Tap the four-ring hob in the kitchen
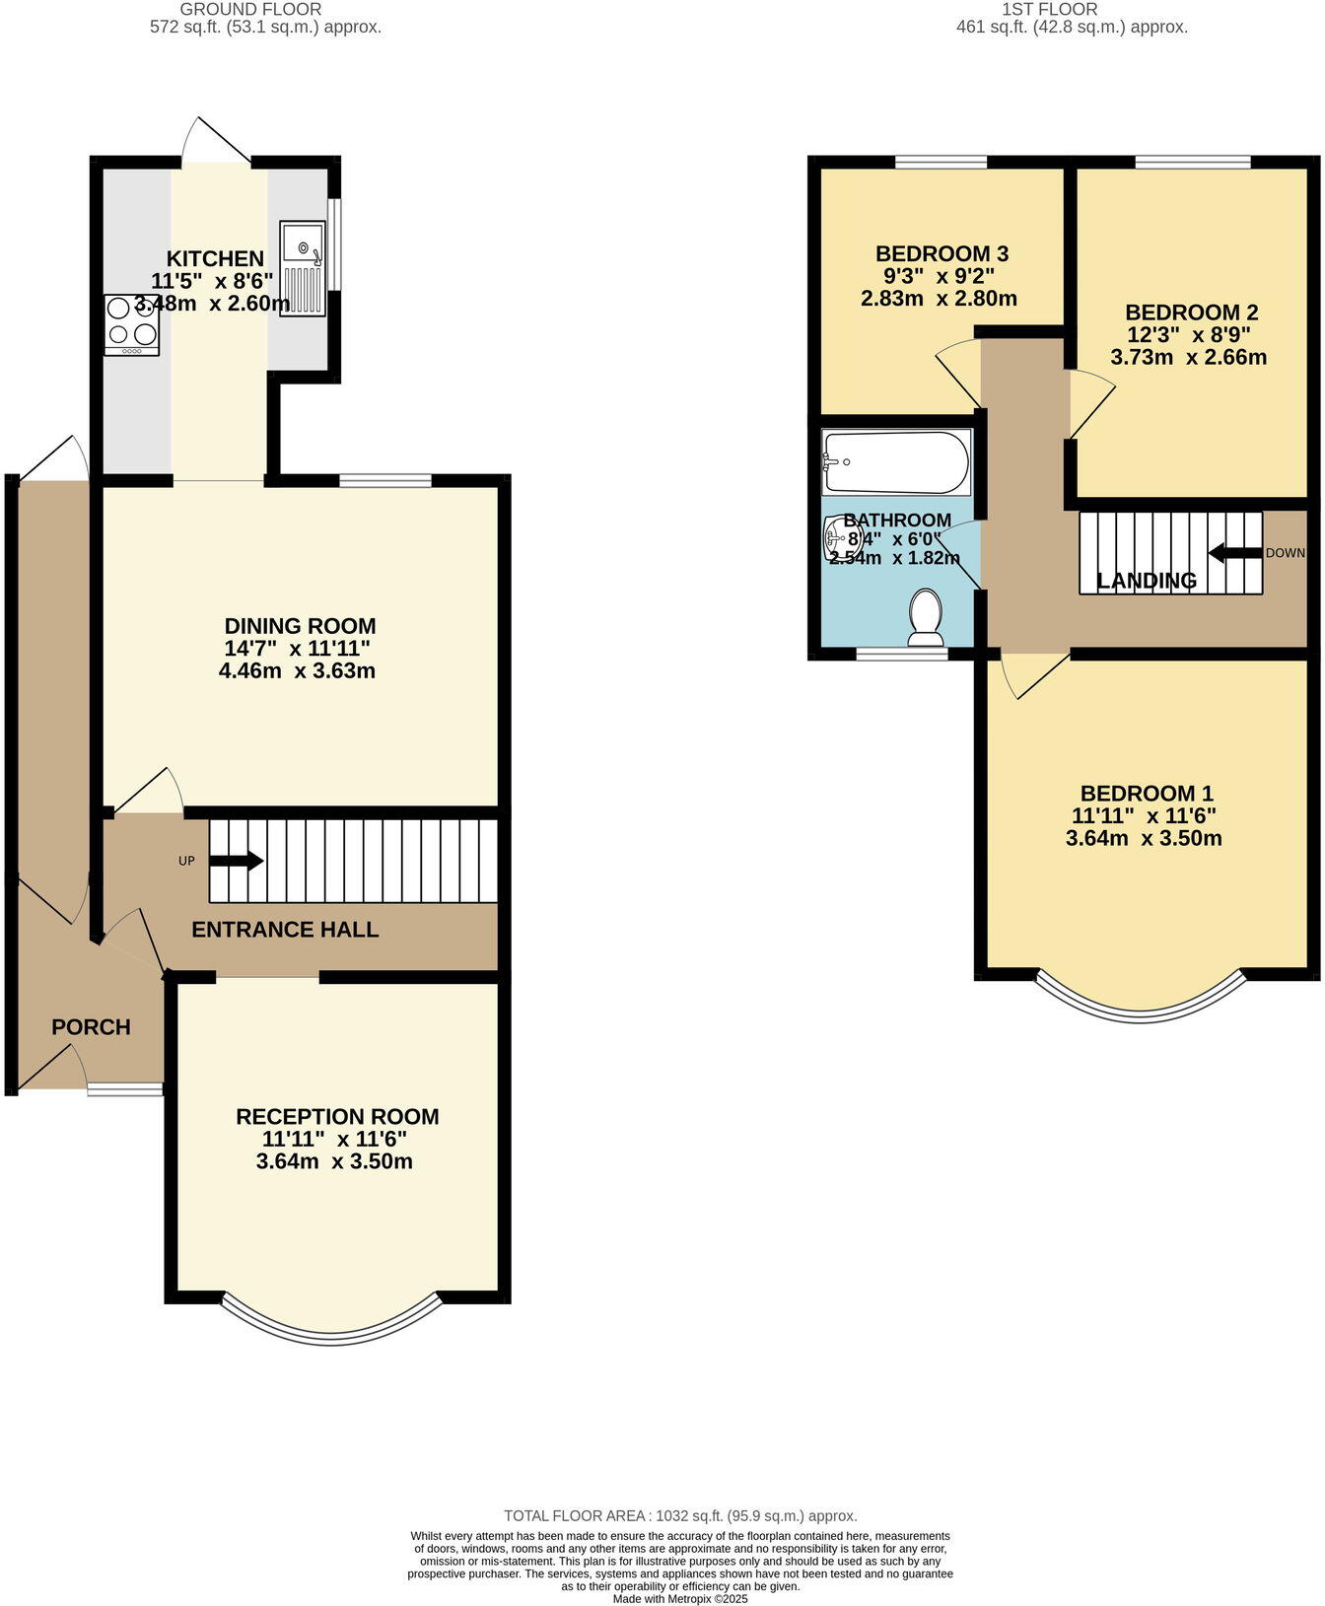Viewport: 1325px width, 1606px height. [x=131, y=324]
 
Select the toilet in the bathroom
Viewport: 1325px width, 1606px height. [x=926, y=617]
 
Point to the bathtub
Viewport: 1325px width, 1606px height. [x=896, y=462]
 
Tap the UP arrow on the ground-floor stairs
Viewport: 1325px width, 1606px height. [x=236, y=861]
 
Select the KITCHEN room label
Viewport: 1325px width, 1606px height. [x=215, y=259]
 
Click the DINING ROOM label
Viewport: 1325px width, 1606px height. [x=300, y=626]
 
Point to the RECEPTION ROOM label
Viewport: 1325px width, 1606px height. [x=337, y=1116]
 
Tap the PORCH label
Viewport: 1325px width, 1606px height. [x=91, y=1027]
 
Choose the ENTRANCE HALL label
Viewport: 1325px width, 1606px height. [x=285, y=930]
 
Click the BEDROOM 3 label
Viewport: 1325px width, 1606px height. [x=941, y=253]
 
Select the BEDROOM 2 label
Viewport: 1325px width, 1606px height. [x=1191, y=313]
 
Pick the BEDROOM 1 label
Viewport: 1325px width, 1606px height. [x=1147, y=794]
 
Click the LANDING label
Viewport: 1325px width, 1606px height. [x=1147, y=581]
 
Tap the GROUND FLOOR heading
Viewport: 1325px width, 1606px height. [x=250, y=9]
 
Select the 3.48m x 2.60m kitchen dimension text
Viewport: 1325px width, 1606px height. [x=213, y=304]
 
